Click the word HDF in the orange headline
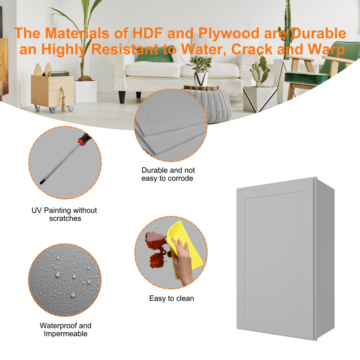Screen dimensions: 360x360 148,33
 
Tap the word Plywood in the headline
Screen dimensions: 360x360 229,33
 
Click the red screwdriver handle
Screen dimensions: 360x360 84,139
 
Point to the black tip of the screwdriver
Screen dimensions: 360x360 42,182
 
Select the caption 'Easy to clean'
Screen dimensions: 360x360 172,298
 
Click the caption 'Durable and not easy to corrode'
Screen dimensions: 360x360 168,174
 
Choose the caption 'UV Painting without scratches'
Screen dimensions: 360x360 65,214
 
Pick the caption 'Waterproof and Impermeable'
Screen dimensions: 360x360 65,329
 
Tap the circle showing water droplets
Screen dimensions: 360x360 65,280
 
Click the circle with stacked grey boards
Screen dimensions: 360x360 171,126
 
